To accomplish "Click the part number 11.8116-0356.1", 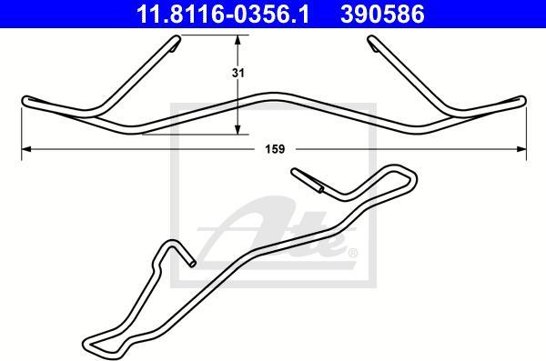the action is (222, 14).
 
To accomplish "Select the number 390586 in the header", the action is (382, 14).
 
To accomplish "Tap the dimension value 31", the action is (238, 73).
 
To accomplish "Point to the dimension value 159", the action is (275, 149).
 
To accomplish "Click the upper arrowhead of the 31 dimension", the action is (238, 40).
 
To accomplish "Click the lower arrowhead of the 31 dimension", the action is (238, 129).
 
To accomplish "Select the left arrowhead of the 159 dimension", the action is (26, 149).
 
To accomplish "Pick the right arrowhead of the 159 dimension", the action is (521, 149).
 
